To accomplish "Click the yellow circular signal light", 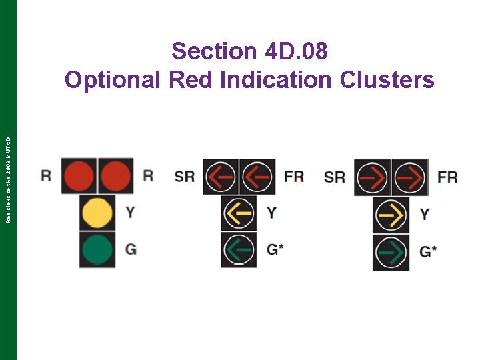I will pyautogui.click(x=97, y=213).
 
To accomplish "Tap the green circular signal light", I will pyautogui.click(x=97, y=249).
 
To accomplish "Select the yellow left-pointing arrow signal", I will pyautogui.click(x=239, y=213).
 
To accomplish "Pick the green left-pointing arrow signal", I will pyautogui.click(x=239, y=249).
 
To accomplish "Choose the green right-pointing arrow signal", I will pyautogui.click(x=391, y=252).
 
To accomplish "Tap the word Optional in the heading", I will pyautogui.click(x=113, y=80).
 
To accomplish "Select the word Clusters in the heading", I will pyautogui.click(x=387, y=80).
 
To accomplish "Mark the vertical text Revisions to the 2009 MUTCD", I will pyautogui.click(x=8, y=179).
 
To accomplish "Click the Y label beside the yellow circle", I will pyautogui.click(x=130, y=213).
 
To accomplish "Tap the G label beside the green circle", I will pyautogui.click(x=131, y=249).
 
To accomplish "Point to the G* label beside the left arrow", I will pyautogui.click(x=275, y=249).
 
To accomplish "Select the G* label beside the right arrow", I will pyautogui.click(x=428, y=252).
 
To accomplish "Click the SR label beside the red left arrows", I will pyautogui.click(x=185, y=176).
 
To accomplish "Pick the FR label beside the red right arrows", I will pyautogui.click(x=447, y=177).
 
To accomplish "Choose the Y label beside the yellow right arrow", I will pyautogui.click(x=425, y=215).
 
